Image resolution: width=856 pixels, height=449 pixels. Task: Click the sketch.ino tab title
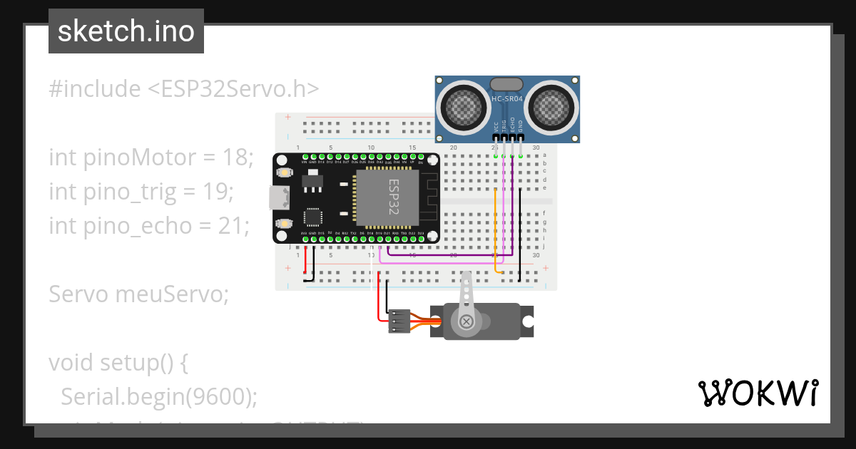point(126,31)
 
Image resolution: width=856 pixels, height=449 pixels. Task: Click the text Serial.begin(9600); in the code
point(159,397)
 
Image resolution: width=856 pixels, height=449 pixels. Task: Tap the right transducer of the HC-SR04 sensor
point(550,107)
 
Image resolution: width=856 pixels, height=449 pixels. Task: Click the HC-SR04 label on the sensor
point(507,99)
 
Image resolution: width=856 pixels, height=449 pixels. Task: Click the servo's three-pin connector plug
point(399,321)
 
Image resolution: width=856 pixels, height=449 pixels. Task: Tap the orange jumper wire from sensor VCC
point(496,228)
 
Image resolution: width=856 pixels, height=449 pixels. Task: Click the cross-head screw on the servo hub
point(467,322)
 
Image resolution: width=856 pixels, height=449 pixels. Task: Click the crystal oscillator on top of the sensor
point(506,84)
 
